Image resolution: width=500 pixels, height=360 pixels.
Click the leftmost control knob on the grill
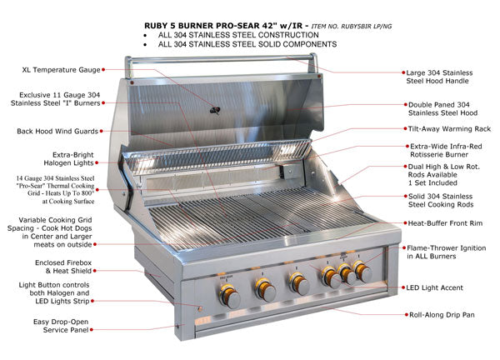click(x=227, y=293)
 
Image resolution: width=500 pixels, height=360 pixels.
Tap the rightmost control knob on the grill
click(x=362, y=271)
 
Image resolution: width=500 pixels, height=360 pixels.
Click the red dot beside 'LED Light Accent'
click(x=400, y=287)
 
